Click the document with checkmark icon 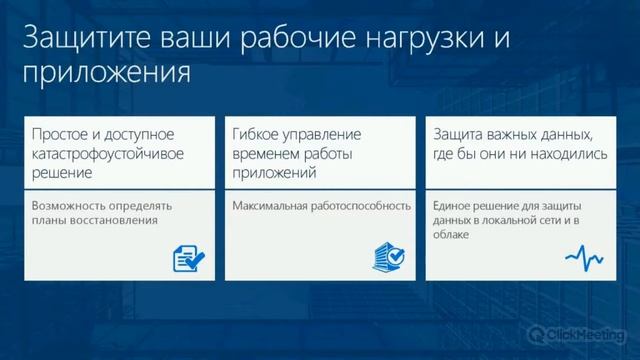click(x=189, y=258)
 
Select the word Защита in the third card click(x=459, y=134)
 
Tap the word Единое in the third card click(x=453, y=206)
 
